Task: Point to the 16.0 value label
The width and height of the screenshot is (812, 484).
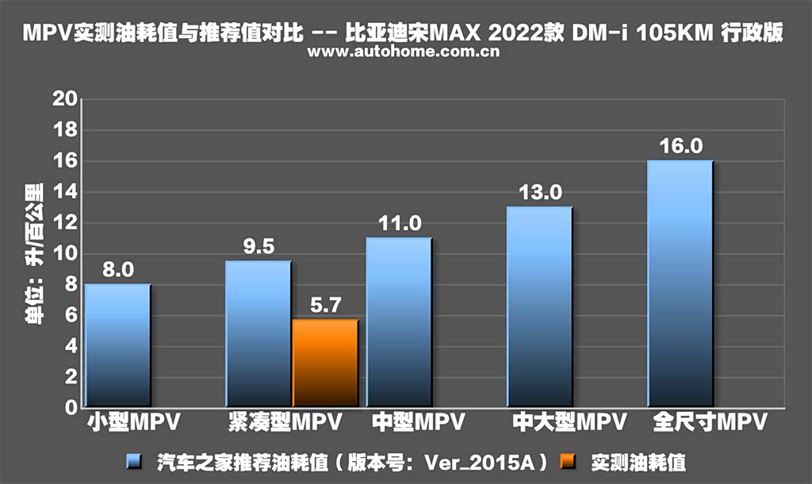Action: tap(680, 147)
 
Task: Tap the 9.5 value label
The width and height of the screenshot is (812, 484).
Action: tap(258, 248)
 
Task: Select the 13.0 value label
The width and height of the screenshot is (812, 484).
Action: tap(540, 193)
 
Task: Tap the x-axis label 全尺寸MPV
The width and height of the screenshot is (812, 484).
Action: tap(709, 422)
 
